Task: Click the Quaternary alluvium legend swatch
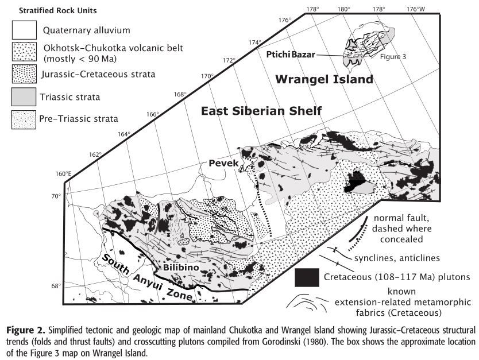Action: [25, 30]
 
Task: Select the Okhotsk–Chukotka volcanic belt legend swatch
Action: [25, 52]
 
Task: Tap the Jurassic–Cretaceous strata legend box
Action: [25, 74]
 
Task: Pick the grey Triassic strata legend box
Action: [25, 96]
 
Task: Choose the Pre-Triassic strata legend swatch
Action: [25, 119]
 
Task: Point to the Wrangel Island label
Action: [323, 79]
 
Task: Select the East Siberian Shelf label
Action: [261, 110]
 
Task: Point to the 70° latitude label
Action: [56, 196]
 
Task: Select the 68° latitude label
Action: [56, 286]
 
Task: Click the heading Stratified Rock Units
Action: [49, 10]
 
